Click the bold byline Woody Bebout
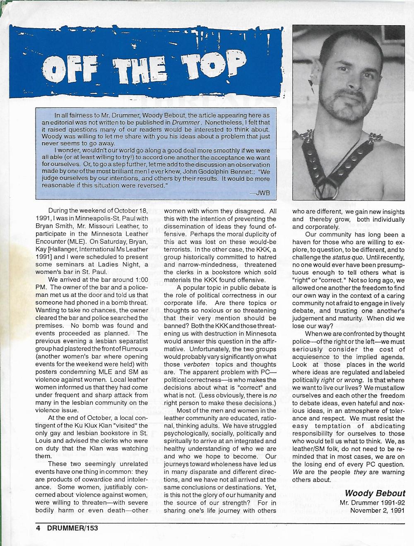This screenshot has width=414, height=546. tap(375, 493)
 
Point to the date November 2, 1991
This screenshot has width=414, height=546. tap(377, 510)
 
